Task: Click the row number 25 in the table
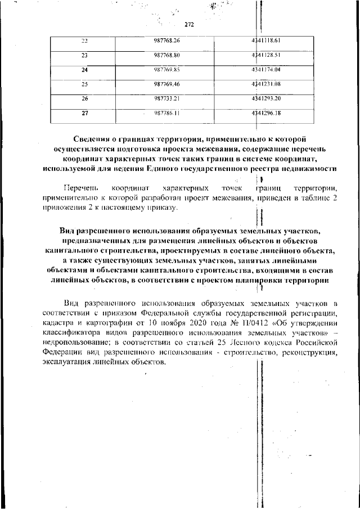point(85,84)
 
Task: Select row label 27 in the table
point(85,113)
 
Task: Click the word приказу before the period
point(160,208)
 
